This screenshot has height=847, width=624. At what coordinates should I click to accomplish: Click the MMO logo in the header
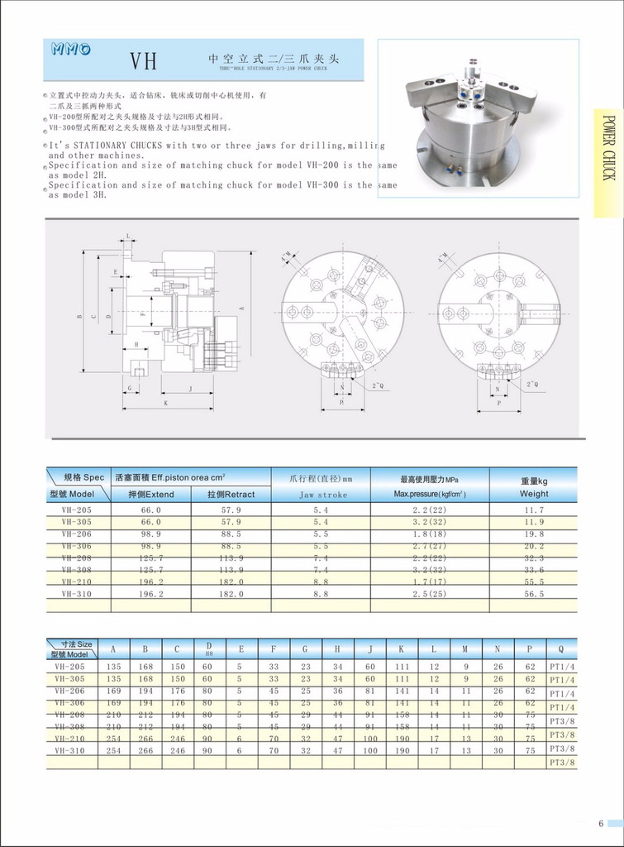pos(71,50)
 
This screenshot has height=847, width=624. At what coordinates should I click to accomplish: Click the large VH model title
pos(142,62)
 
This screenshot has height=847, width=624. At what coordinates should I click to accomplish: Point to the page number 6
pos(601,823)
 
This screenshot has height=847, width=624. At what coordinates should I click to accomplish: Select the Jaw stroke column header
pos(321,495)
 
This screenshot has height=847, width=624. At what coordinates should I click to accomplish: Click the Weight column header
pos(534,494)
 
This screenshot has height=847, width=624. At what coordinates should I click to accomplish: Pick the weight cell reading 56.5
pos(534,594)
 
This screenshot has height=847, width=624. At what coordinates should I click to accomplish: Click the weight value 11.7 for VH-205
pos(534,510)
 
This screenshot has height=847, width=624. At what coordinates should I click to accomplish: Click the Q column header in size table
pos(561,649)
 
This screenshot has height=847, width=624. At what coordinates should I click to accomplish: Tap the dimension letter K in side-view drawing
pos(165,403)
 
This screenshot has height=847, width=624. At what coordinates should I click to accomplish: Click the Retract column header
pos(231,494)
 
